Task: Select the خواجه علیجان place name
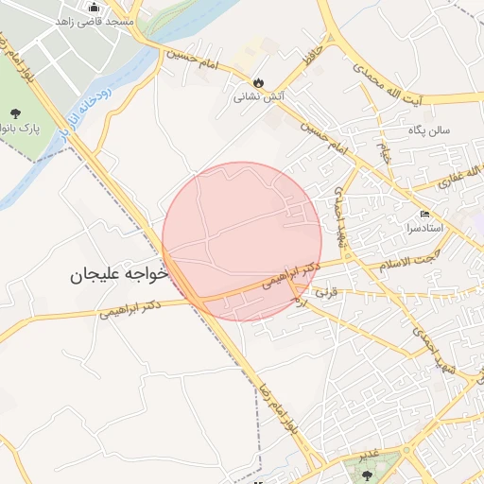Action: [118, 274]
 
